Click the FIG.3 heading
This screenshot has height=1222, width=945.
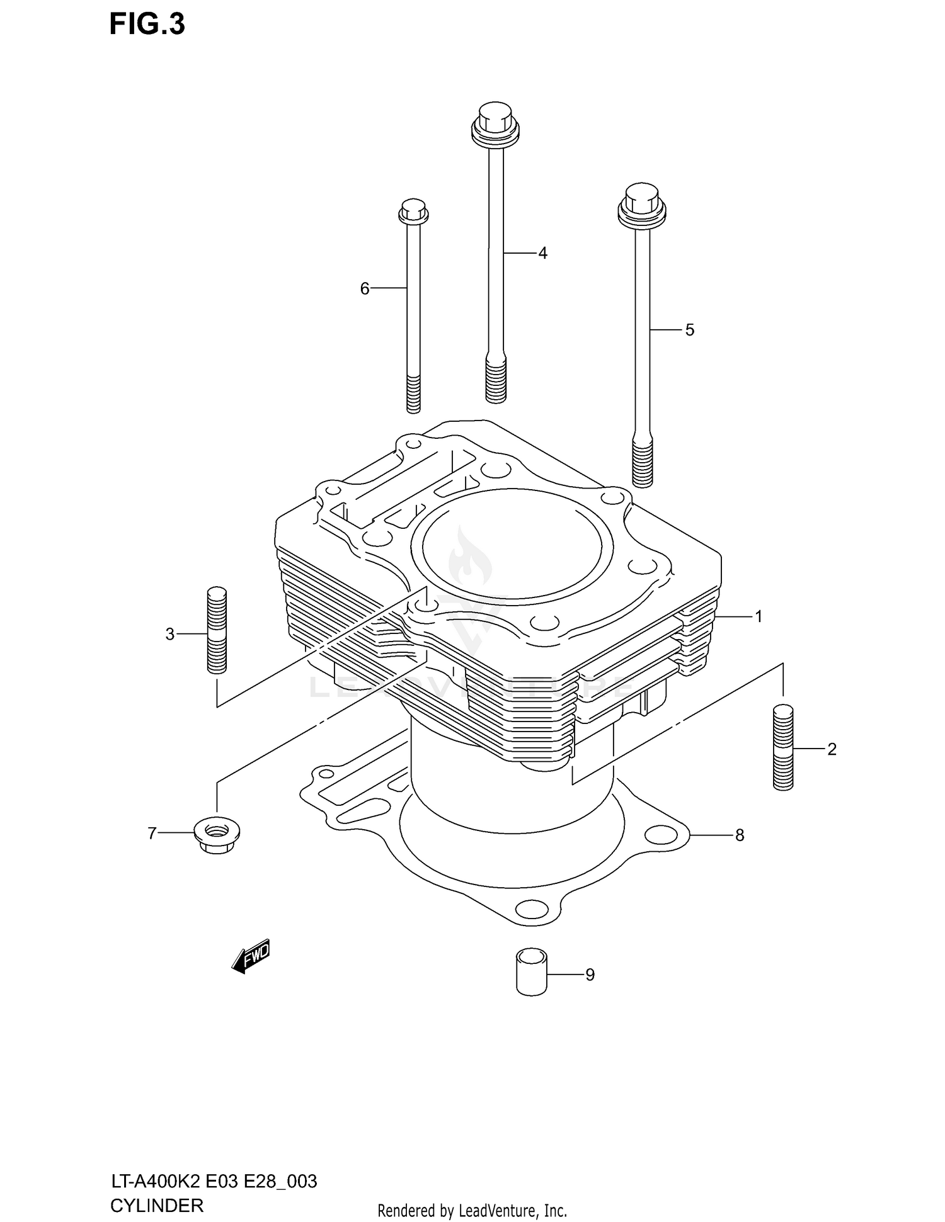click(x=147, y=24)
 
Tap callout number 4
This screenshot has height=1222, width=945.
click(x=542, y=253)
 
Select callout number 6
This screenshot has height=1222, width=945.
click(x=365, y=288)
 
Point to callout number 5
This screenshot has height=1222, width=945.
click(x=689, y=330)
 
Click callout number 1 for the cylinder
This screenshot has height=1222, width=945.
click(x=759, y=616)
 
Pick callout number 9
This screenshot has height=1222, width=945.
click(x=590, y=975)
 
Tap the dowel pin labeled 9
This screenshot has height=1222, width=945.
click(x=531, y=973)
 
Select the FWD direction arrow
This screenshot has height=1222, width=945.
click(x=251, y=957)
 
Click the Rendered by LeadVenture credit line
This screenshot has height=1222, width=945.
click(x=472, y=1210)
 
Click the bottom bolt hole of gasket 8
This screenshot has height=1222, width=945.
click(x=531, y=909)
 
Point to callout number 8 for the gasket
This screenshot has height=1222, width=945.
click(x=739, y=835)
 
